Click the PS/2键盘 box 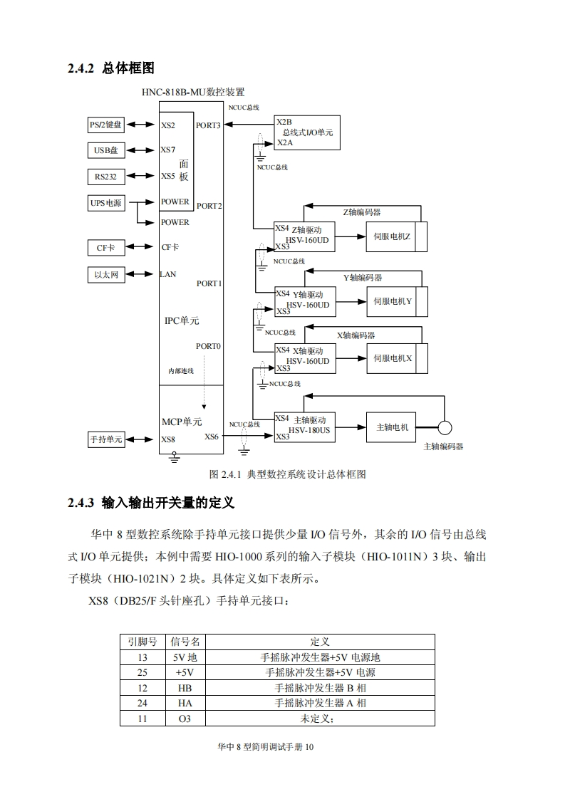[105, 125]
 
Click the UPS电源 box [105, 203]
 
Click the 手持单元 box [105, 439]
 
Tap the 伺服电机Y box [393, 301]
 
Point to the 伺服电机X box [393, 358]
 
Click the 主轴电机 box [391, 427]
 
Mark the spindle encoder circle [445, 427]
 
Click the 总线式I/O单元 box [306, 132]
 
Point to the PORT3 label [209, 125]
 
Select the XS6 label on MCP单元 [212, 437]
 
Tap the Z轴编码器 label [362, 211]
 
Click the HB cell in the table [185, 688]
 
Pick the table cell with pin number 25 [142, 672]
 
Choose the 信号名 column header [185, 642]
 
